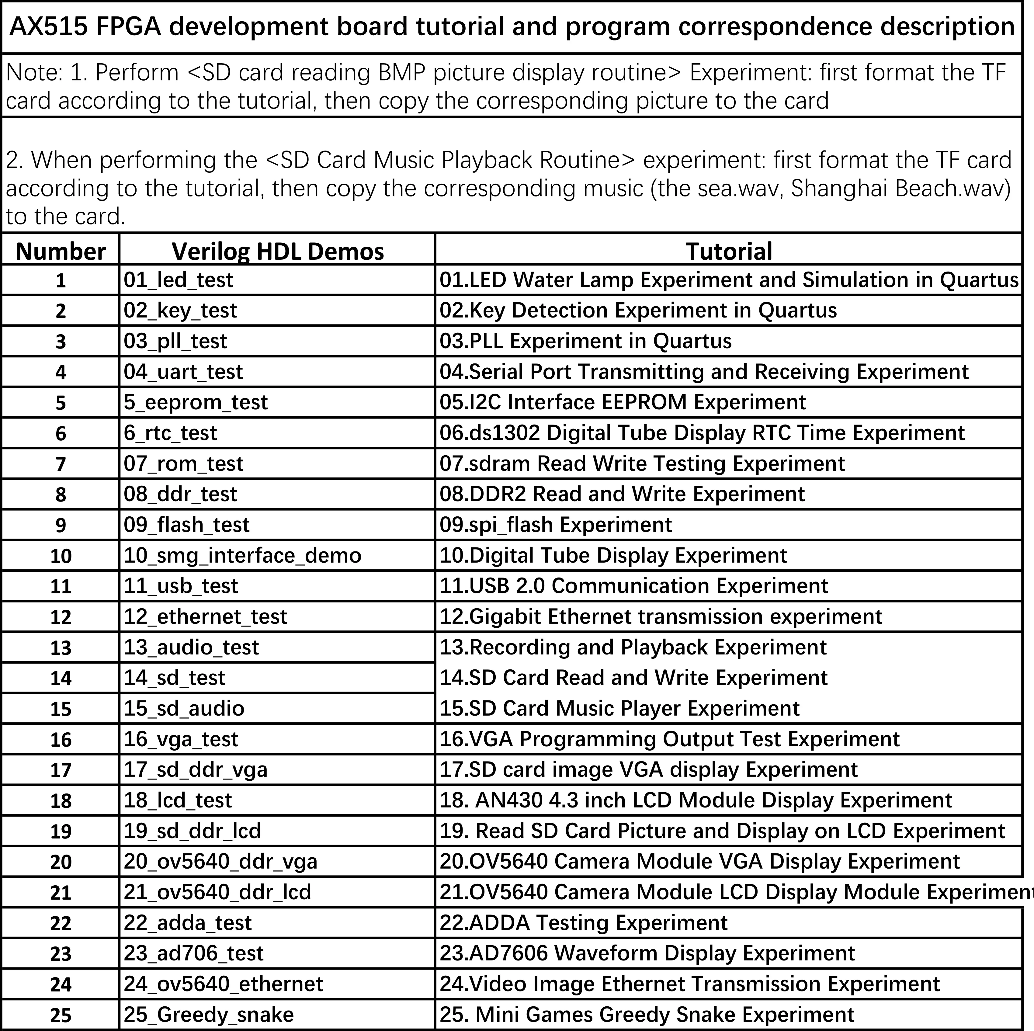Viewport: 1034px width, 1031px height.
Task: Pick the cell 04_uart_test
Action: (183, 372)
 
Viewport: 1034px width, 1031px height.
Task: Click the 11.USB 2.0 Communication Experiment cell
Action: (634, 586)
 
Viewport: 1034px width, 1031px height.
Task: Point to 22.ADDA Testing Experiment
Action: (583, 923)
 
